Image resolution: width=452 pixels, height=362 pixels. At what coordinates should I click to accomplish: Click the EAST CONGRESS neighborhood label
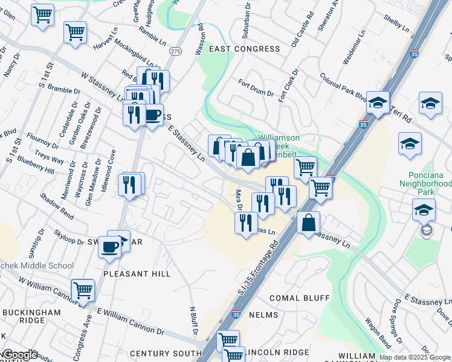click(237, 49)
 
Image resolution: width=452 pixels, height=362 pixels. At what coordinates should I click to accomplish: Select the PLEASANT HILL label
click(137, 273)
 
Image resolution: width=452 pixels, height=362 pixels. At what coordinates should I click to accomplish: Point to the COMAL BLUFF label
click(300, 298)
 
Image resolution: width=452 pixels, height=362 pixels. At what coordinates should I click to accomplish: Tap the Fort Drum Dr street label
click(256, 88)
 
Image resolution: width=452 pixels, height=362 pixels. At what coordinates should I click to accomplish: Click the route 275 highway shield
click(175, 51)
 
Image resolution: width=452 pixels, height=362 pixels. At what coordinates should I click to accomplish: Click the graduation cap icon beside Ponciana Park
click(424, 211)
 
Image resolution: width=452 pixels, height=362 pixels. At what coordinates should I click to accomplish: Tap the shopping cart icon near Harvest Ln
click(75, 33)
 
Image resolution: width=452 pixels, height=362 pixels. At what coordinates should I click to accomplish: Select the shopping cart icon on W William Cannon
click(83, 290)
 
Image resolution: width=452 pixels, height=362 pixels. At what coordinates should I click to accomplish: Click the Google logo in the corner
click(19, 355)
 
